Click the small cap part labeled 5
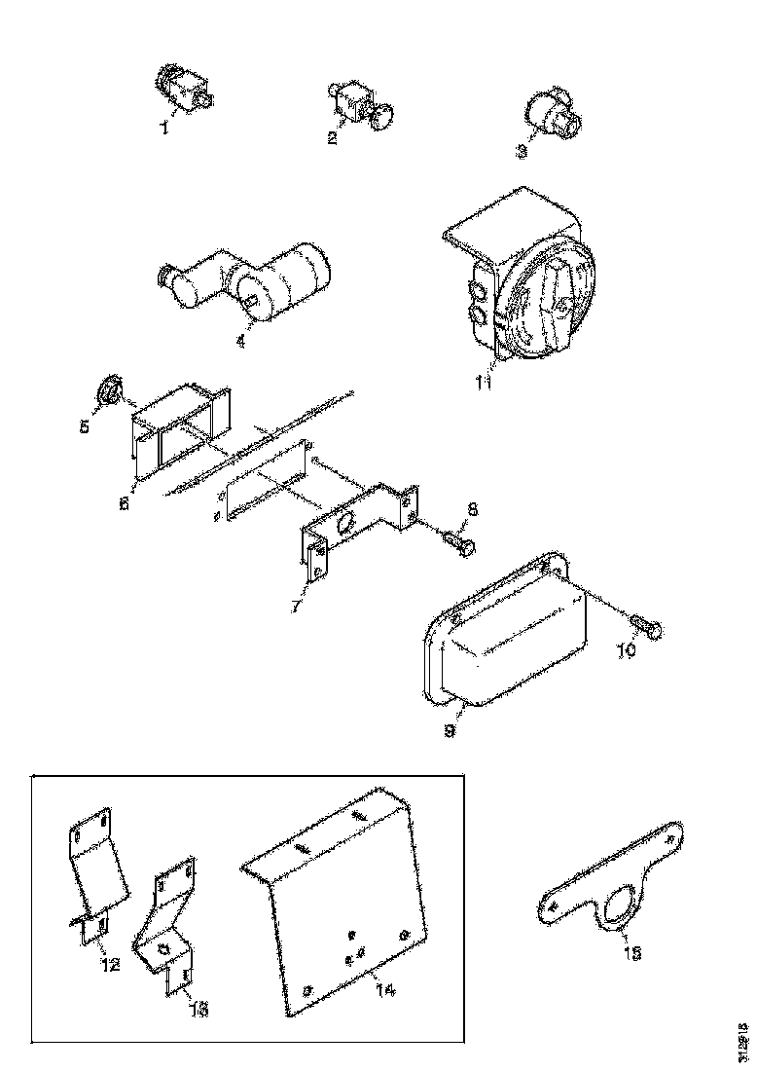pyautogui.click(x=109, y=393)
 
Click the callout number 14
pyautogui.click(x=384, y=990)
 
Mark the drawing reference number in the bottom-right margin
pyautogui.click(x=743, y=1041)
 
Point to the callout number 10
pyautogui.click(x=625, y=650)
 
